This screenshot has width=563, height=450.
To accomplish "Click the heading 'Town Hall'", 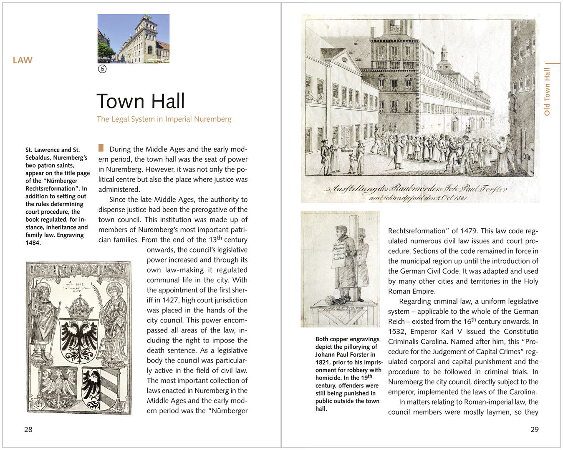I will click(x=141, y=101).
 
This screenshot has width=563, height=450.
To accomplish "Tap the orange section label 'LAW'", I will click(x=23, y=60).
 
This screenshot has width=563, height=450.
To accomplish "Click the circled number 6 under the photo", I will click(x=102, y=69).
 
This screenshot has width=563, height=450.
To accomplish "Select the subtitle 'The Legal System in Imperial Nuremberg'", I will click(x=164, y=119).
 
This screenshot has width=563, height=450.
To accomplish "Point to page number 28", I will click(x=28, y=430).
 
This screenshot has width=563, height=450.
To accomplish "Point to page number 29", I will click(x=534, y=430).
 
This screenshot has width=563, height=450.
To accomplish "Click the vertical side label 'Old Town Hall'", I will click(x=547, y=92).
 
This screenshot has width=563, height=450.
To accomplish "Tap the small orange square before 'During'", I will click(x=101, y=148).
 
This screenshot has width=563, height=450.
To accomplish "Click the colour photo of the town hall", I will click(x=134, y=38).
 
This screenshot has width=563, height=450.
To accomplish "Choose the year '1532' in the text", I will click(x=397, y=332).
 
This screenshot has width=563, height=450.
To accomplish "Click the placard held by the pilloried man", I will click(x=338, y=254).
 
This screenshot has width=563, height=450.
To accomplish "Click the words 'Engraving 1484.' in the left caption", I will click(x=57, y=239).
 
